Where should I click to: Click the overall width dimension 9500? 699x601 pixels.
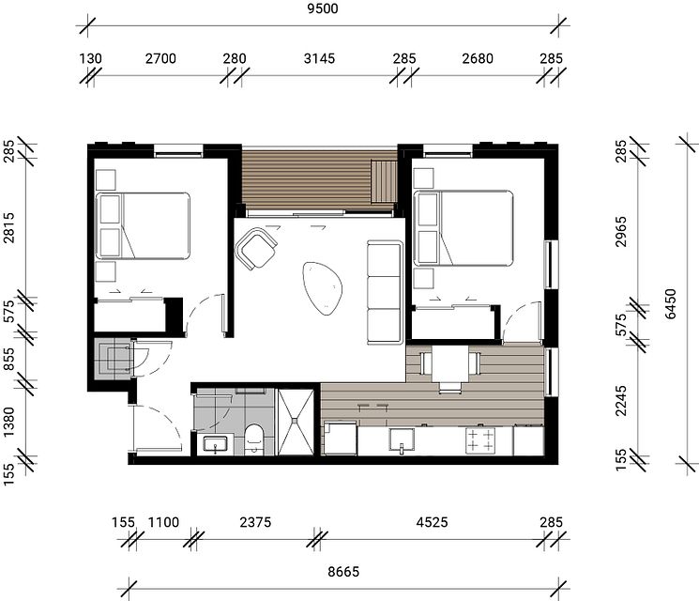[322, 10]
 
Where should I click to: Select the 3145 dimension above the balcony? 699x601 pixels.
[320, 59]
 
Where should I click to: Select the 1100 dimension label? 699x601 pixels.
[165, 522]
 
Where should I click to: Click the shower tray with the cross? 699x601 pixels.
[298, 421]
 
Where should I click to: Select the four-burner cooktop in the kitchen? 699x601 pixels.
[480, 439]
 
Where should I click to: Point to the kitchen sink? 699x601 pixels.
[403, 440]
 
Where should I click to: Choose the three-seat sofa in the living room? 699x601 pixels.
[384, 291]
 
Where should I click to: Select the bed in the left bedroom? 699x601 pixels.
[144, 225]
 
